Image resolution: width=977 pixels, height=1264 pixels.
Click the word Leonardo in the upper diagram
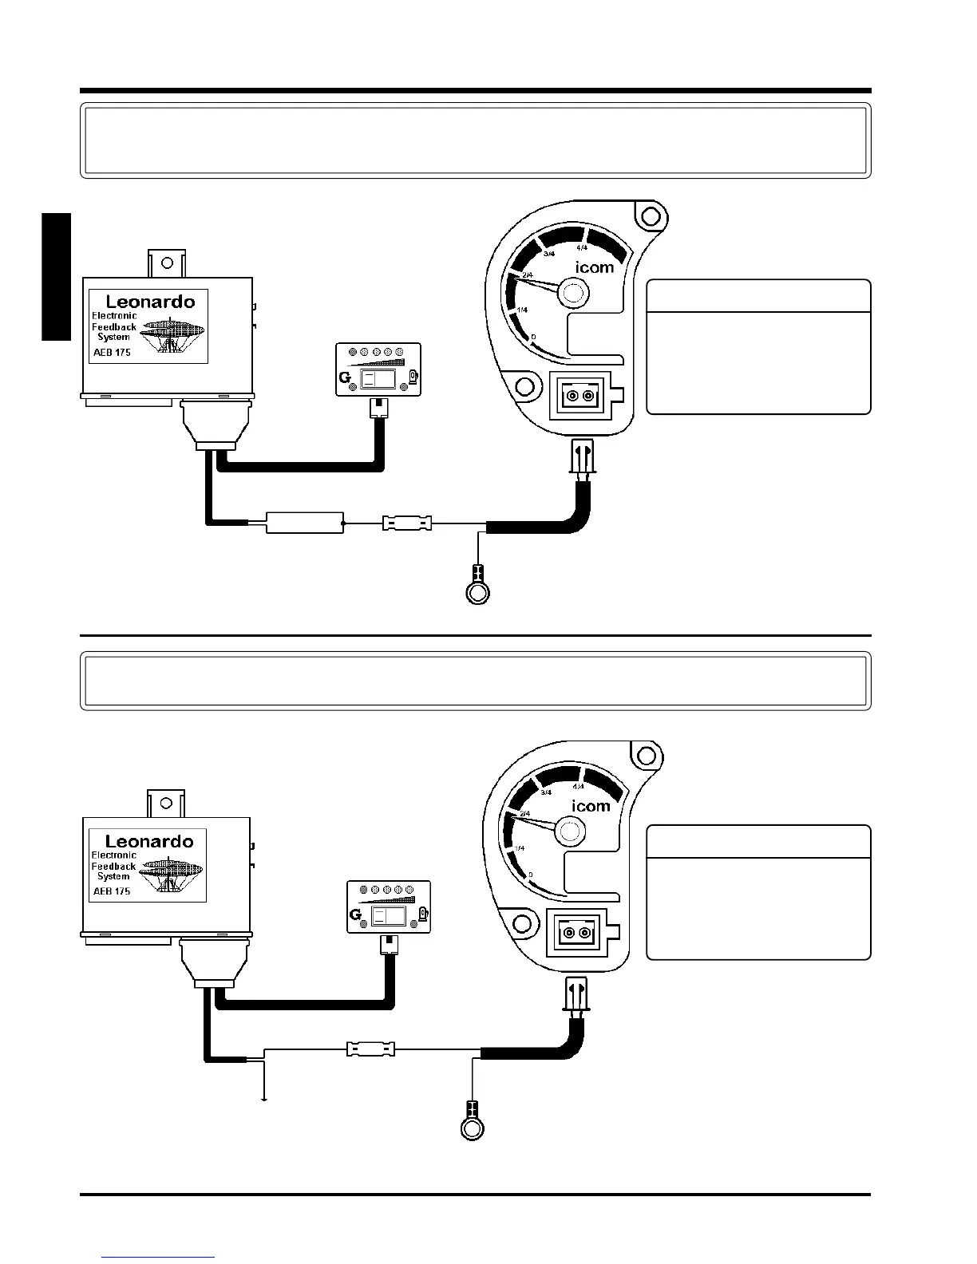point(150,302)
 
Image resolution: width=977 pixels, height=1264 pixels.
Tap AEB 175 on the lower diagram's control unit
point(112,891)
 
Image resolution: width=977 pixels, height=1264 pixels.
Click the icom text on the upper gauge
point(595,267)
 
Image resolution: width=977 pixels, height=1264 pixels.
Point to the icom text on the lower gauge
point(591,806)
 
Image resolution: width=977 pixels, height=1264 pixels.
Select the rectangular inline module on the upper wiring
point(304,523)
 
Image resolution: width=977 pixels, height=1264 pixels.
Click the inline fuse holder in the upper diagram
point(407,523)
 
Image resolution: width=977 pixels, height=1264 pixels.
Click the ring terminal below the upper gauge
point(477,592)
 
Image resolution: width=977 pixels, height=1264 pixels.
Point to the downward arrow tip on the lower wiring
point(263,1100)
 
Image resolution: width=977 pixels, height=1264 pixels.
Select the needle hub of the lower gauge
point(568,831)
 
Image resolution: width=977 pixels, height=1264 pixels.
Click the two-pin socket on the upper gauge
point(580,396)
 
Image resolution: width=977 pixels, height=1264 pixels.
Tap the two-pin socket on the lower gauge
point(576,933)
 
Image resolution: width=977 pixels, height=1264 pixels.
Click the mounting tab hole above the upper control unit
point(166,261)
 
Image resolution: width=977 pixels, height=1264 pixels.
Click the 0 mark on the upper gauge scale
point(532,338)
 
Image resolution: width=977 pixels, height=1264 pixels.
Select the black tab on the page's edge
point(56,277)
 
